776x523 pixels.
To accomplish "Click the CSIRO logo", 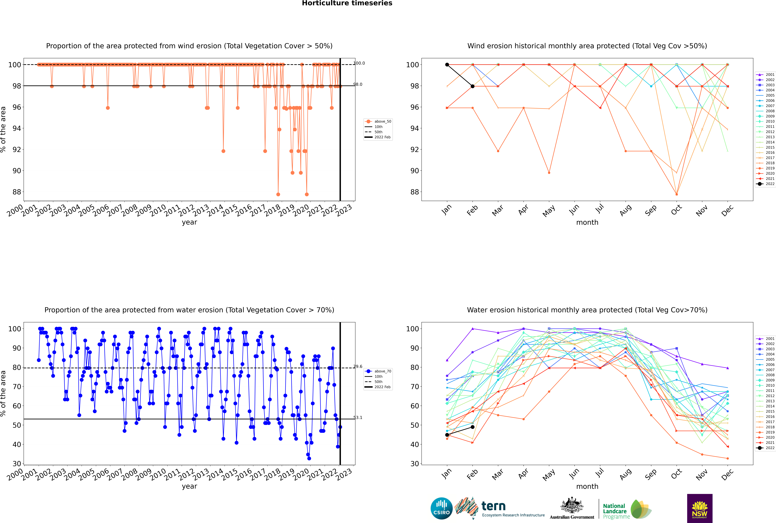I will [441, 508].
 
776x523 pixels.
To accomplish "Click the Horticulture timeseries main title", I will [347, 3].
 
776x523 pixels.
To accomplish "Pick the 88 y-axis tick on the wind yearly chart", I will [16, 192].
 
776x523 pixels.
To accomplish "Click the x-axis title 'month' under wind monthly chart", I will [587, 223].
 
